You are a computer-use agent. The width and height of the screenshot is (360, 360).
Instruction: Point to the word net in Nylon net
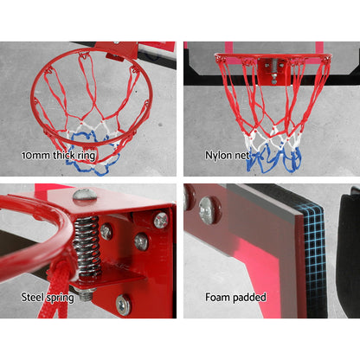point(242,157)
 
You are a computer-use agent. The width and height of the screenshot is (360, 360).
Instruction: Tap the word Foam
point(220,298)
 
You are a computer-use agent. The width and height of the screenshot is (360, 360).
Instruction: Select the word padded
point(251,299)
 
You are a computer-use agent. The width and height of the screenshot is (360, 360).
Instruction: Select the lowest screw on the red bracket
point(123,304)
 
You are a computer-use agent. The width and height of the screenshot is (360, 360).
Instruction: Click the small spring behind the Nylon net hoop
point(274,66)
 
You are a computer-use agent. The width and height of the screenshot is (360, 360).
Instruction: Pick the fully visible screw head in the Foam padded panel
point(208,208)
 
